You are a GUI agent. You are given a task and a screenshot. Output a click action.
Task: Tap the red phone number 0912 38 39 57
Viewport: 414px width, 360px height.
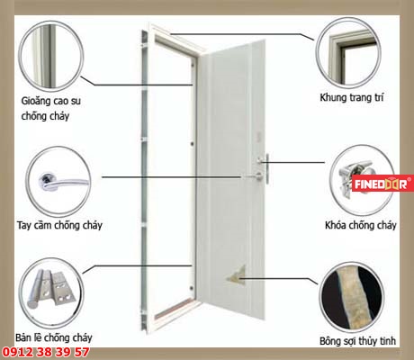(46, 352)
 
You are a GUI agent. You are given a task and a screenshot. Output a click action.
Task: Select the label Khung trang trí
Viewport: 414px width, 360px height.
(352, 97)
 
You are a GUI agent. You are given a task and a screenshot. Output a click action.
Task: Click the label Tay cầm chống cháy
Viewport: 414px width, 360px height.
(59, 225)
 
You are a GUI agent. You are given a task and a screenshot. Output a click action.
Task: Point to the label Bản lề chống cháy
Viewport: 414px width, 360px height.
(54, 337)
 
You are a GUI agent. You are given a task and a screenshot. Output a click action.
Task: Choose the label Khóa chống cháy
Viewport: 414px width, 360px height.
(360, 225)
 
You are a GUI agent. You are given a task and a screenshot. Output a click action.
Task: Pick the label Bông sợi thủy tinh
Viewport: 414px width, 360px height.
(357, 341)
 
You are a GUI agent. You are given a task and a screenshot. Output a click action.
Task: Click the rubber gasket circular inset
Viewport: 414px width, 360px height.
(50, 56)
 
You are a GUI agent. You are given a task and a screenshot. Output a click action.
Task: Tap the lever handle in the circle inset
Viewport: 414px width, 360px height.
(65, 182)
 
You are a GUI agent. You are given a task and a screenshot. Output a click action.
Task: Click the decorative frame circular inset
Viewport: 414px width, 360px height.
(348, 53)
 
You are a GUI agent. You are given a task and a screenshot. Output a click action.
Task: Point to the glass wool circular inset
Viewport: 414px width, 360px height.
(352, 297)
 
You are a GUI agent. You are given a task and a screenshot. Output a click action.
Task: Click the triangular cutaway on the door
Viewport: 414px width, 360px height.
(237, 275)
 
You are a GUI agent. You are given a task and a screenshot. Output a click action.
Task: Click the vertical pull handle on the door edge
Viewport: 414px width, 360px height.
(266, 168)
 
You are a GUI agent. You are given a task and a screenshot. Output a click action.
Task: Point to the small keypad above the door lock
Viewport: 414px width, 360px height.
(259, 137)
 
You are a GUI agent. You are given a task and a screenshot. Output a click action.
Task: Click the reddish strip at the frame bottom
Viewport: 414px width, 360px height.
(175, 309)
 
